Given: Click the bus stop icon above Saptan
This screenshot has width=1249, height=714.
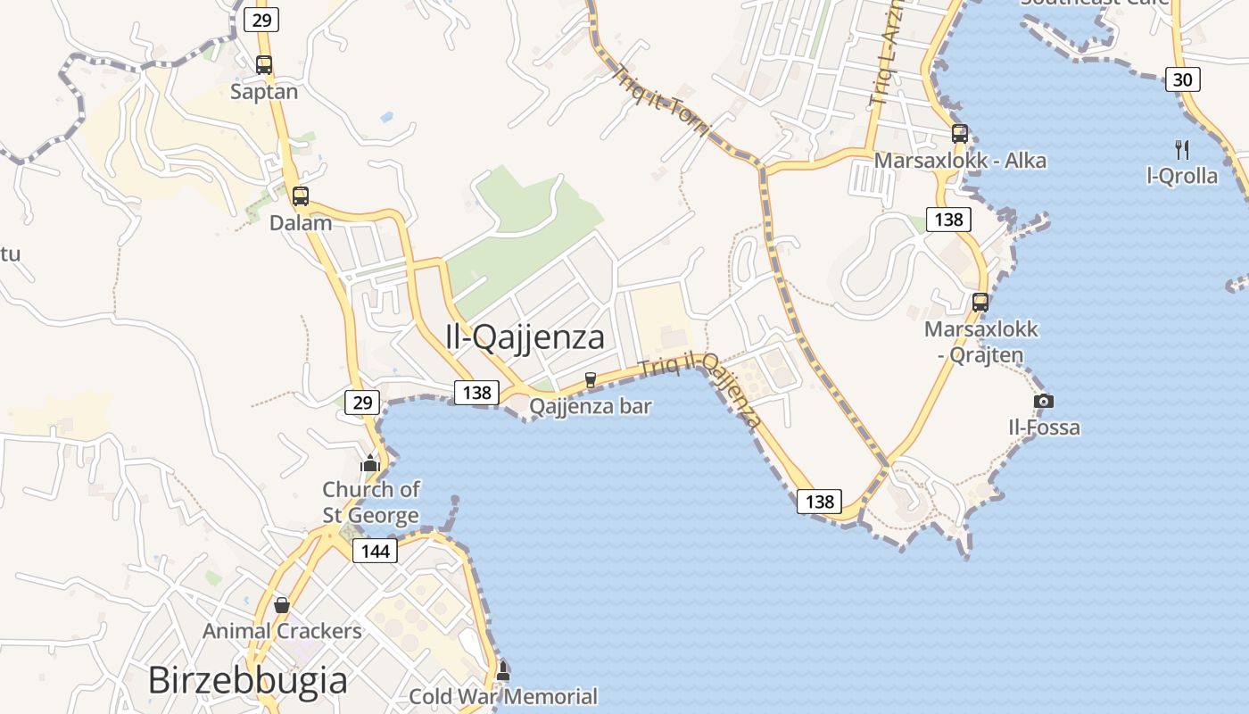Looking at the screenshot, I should coord(264,64).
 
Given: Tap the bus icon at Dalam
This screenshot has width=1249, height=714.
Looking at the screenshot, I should coord(301,196).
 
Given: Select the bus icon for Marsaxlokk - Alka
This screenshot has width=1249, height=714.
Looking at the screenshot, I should coord(960,134).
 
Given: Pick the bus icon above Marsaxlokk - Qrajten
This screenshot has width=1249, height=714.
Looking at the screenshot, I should coord(980,302).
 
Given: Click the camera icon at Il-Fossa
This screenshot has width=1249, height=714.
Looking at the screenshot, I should coord(1044,401).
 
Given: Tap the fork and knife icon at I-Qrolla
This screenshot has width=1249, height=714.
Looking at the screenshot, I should coord(1182,149).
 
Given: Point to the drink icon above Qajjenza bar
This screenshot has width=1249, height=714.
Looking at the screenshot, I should coord(590,380).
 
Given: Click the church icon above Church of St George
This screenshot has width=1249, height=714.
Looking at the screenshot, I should coord(370,462).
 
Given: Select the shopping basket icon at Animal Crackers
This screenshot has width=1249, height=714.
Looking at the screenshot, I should coord(282,604).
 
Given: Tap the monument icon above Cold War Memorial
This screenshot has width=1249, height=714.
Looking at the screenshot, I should coord(503,670).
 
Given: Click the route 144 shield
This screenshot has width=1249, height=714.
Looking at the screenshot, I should coord(376,551).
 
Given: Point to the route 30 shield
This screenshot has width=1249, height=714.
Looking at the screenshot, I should coord(1182,79).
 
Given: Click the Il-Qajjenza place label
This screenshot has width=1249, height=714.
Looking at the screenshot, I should coord(525,337).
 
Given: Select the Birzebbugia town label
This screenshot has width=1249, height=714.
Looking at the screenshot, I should coord(247,680).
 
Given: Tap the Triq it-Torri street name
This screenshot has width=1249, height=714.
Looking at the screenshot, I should coord(659,100).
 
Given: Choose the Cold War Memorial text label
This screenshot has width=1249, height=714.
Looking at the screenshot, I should coord(503,696).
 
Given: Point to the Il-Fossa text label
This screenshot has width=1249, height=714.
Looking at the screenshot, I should coord(1044,428).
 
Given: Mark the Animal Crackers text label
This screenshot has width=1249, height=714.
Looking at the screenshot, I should coord(282,631).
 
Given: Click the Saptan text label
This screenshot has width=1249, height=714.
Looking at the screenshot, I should coord(264,91).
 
